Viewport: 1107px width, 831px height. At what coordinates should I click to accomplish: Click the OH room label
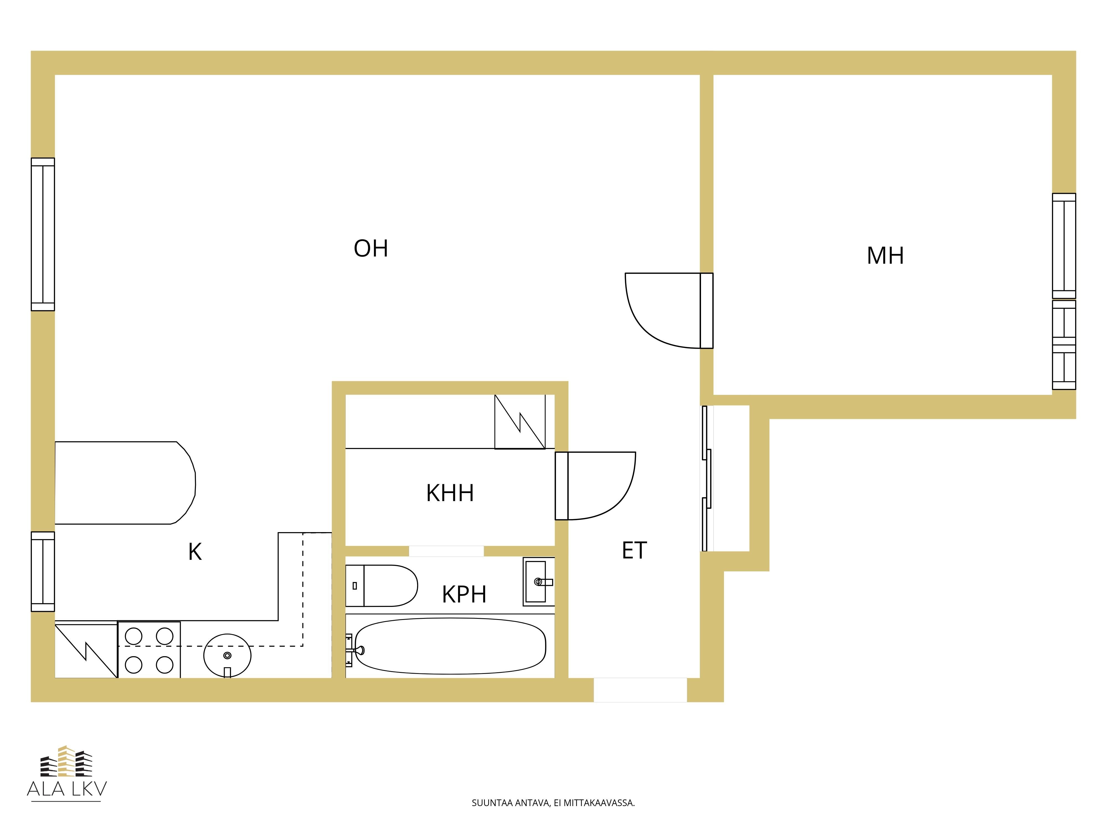tap(371, 248)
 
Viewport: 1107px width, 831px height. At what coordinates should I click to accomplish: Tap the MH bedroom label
tap(885, 256)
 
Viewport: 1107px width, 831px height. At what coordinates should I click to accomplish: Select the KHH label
tap(450, 493)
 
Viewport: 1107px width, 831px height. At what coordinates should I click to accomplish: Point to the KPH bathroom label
tap(464, 594)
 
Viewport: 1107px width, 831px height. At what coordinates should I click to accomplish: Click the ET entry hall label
tap(634, 550)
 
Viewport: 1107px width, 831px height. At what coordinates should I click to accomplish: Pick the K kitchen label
tap(195, 552)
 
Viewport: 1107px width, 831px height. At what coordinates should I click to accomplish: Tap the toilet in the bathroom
tap(381, 586)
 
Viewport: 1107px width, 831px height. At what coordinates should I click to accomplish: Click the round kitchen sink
tap(227, 655)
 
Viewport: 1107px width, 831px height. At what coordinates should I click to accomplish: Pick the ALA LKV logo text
tap(67, 789)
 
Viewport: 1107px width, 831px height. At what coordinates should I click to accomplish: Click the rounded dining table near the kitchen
tap(125, 483)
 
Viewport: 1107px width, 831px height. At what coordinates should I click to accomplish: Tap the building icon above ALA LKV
tap(67, 761)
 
